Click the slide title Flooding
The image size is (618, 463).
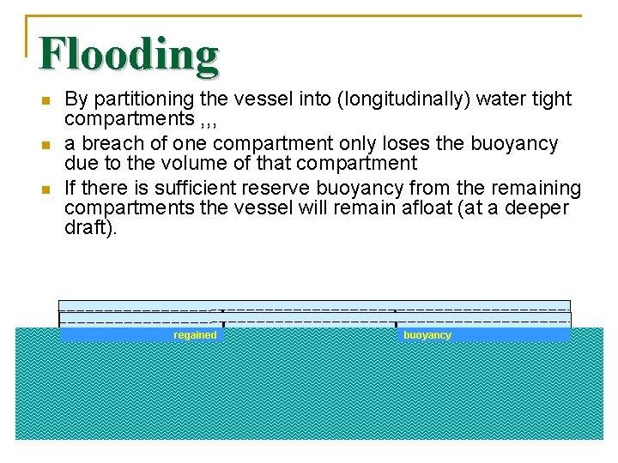(x=129, y=54)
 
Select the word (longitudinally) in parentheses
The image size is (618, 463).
(x=387, y=99)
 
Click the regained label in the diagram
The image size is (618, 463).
(x=195, y=335)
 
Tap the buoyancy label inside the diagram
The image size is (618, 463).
(x=427, y=335)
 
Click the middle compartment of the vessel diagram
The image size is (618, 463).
(x=309, y=317)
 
